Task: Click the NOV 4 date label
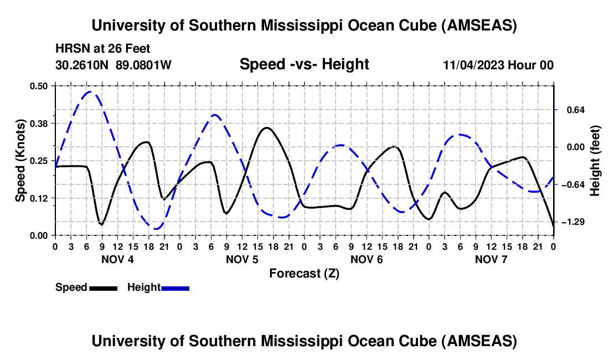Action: [x=117, y=259]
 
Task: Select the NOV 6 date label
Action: [x=367, y=259]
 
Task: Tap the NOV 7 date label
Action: [x=491, y=259]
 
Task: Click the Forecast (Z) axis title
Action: [x=304, y=273]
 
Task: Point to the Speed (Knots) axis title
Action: [x=20, y=161]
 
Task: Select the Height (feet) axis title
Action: [x=595, y=161]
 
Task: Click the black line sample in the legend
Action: [x=103, y=288]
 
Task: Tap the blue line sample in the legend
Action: [x=175, y=288]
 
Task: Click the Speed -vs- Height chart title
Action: [x=304, y=65]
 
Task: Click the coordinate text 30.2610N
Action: [x=83, y=65]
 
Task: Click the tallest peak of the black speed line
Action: [x=267, y=128]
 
